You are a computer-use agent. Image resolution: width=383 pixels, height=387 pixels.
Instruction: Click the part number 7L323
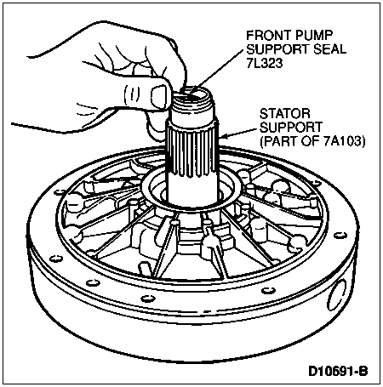click(265, 63)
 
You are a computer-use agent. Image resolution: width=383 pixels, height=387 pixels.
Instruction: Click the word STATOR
click(285, 114)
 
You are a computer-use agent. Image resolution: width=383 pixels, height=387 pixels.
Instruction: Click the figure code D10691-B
click(338, 371)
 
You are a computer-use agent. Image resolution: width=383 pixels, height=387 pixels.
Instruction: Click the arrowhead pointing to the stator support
click(223, 137)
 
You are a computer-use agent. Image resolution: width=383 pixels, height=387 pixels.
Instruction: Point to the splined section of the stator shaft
click(191, 151)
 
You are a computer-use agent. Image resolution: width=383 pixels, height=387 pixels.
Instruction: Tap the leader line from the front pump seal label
click(216, 71)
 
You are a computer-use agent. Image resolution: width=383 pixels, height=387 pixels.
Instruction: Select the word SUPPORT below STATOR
click(291, 128)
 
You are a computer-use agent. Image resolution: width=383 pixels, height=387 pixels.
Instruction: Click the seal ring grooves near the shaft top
click(193, 105)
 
